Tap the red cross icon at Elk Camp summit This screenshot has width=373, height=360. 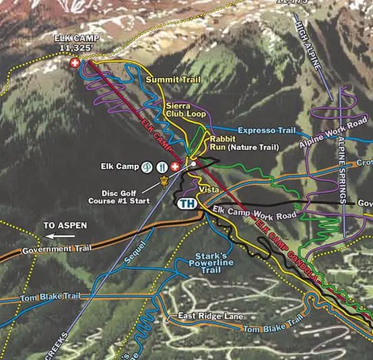pyautogui.click(x=75, y=63)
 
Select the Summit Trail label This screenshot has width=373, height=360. pyautogui.click(x=173, y=80)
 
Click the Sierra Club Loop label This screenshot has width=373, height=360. pyautogui.click(x=185, y=110)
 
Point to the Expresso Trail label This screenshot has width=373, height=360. pyautogui.click(x=267, y=130)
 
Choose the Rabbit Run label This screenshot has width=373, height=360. pyautogui.click(x=222, y=142)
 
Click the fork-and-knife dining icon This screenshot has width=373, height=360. pyautogui.click(x=162, y=166)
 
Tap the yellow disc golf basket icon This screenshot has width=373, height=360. pyautogui.click(x=162, y=182)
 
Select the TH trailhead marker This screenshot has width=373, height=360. pyautogui.click(x=186, y=203)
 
